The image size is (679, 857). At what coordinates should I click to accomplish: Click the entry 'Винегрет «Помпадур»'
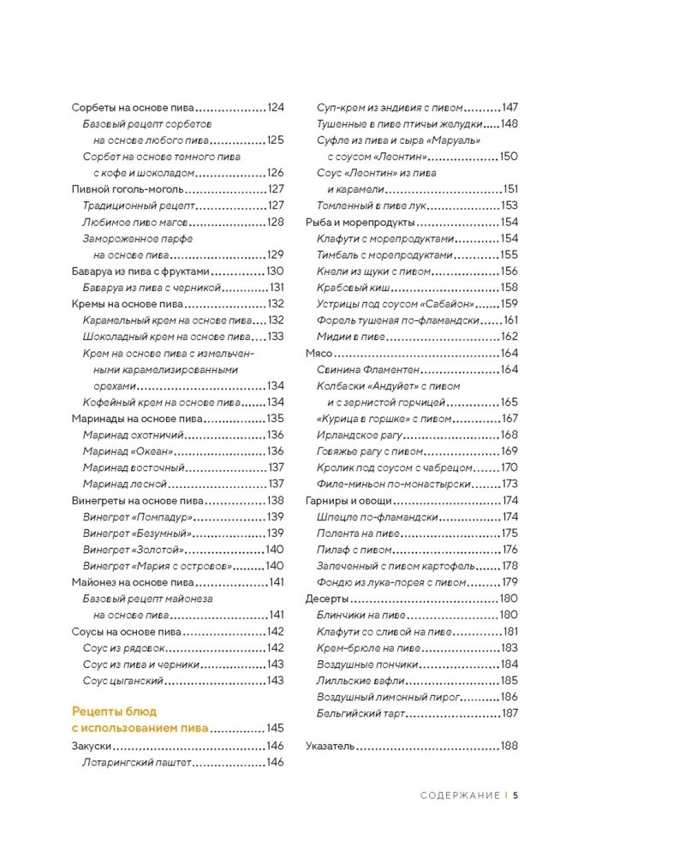click(135, 516)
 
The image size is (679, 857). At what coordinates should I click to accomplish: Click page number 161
click(510, 320)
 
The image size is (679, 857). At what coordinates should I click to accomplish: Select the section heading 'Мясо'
click(319, 354)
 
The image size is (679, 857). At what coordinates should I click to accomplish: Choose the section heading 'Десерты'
click(326, 598)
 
